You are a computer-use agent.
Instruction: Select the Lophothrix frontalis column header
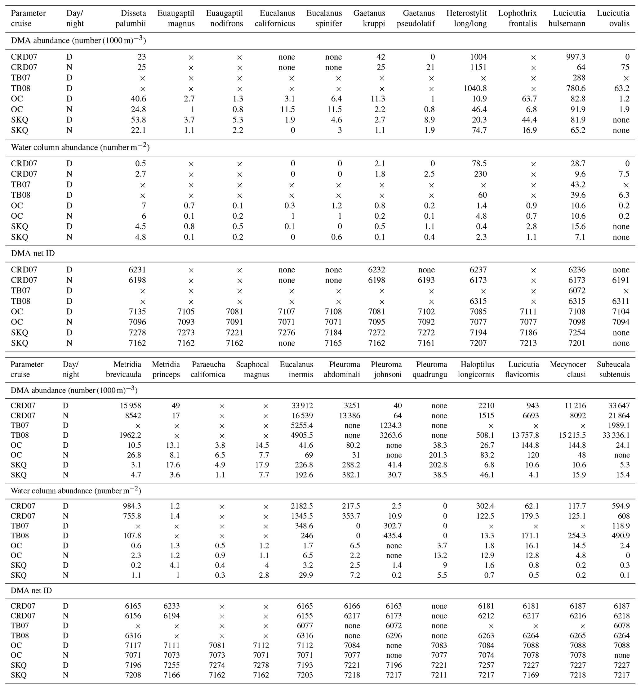tap(517, 18)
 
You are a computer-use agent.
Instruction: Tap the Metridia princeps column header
tap(166, 369)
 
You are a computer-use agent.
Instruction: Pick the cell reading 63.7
tap(529, 99)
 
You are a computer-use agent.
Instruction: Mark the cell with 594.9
tap(620, 506)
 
